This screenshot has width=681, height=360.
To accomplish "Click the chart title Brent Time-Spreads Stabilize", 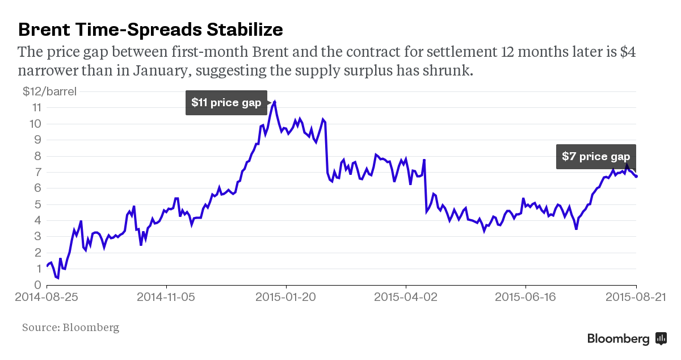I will (x=150, y=29).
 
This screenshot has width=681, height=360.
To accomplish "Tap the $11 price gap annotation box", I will (x=226, y=103).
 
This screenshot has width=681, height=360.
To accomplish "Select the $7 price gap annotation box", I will (x=596, y=157).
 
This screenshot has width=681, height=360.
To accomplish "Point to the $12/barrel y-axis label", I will (x=49, y=91).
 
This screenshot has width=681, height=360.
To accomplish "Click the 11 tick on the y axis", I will (x=36, y=107).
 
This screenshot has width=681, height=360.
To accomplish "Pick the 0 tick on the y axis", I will (x=37, y=285).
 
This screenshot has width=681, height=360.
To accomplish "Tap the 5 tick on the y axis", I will (x=37, y=204).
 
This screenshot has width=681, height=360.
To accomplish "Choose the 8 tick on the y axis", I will (x=37, y=156).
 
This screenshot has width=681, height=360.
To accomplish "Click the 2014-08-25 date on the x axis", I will (x=47, y=297).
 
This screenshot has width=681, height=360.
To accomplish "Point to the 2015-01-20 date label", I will (x=287, y=297).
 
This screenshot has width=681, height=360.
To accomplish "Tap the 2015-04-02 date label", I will (x=406, y=297).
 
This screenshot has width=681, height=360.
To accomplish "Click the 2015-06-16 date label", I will (x=526, y=297).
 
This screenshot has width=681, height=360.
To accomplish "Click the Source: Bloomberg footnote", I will (x=71, y=328).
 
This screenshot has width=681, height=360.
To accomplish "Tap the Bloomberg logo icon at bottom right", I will (x=661, y=338).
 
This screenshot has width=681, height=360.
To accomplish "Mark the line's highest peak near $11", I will (x=275, y=102).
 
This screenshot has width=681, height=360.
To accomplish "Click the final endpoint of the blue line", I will (x=636, y=176).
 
